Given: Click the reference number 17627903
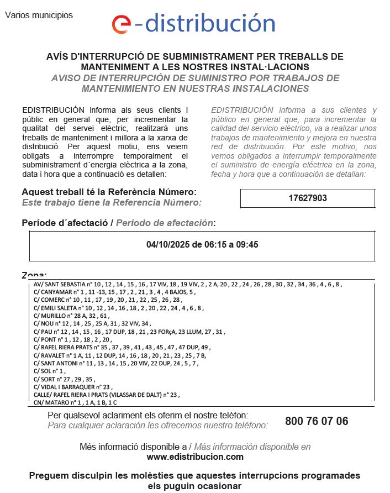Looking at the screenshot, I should (x=308, y=198).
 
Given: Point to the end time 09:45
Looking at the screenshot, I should (x=247, y=244).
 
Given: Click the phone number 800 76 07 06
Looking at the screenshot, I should (x=317, y=421).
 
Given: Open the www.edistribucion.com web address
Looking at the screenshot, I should (x=195, y=457).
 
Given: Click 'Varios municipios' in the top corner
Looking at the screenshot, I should (x=39, y=15).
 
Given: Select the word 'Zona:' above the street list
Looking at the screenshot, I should (x=34, y=275).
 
